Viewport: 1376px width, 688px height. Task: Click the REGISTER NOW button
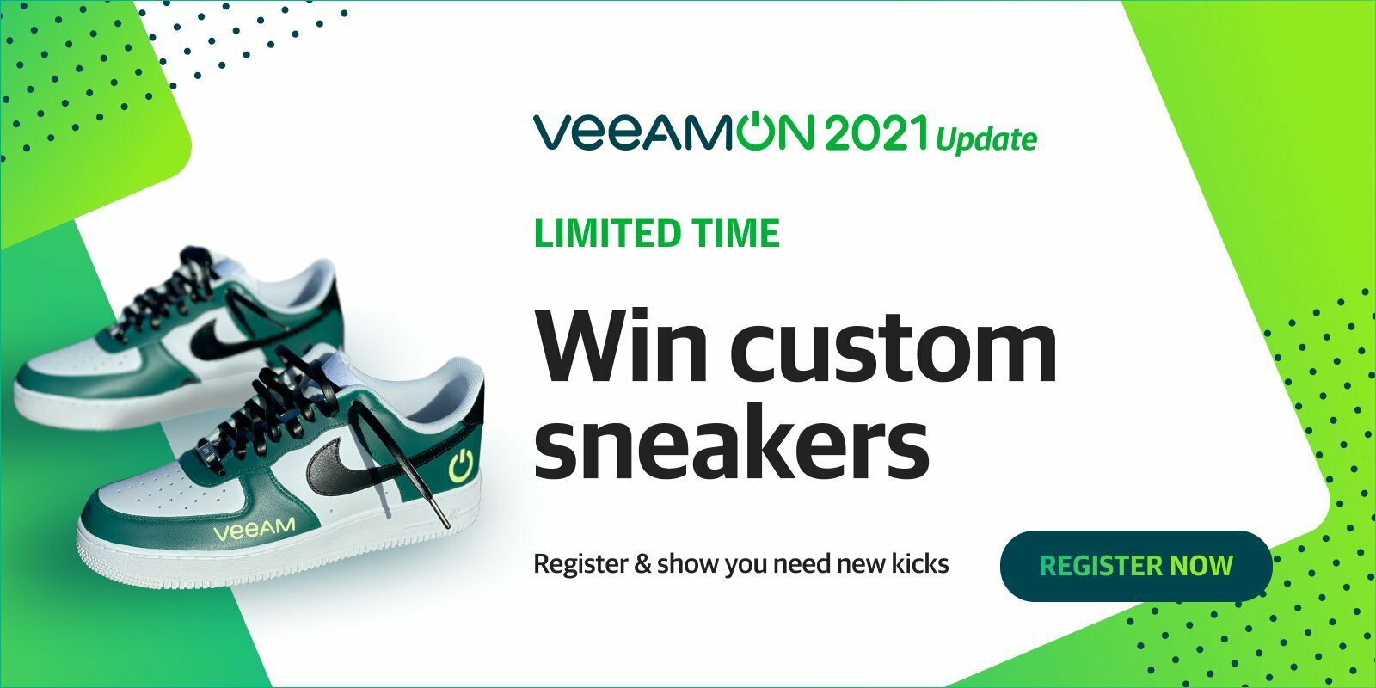pyautogui.click(x=1136, y=566)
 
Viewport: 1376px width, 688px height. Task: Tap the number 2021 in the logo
pyautogui.click(x=876, y=132)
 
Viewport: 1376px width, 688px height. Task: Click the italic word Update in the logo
pyautogui.click(x=986, y=138)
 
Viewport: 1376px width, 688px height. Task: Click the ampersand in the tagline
pyautogui.click(x=642, y=564)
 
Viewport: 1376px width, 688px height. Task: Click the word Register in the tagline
pyautogui.click(x=580, y=564)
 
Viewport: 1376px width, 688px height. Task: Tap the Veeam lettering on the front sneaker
pyautogui.click(x=254, y=529)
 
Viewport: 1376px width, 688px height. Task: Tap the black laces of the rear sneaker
pyautogui.click(x=166, y=295)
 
